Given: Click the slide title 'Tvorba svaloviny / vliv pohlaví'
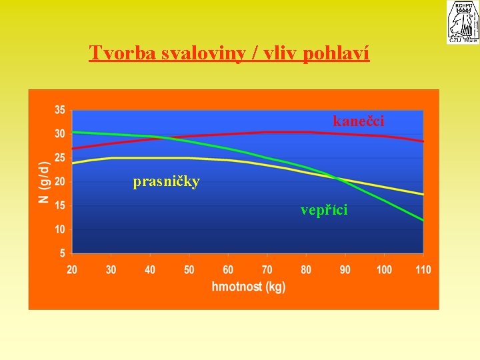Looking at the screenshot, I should (x=229, y=53).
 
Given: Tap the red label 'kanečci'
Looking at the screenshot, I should (x=359, y=121).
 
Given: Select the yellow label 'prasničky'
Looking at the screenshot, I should (x=166, y=181).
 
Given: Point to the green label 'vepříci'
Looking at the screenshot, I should (x=324, y=210).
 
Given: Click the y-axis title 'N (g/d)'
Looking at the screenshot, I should (x=43, y=181).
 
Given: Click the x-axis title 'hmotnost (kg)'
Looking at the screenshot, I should (x=247, y=287).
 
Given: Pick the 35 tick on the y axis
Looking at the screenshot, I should (x=60, y=110).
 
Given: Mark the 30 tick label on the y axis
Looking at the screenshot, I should (x=60, y=134).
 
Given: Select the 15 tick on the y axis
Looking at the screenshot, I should (x=60, y=205).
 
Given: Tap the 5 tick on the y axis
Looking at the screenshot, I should (x=63, y=253).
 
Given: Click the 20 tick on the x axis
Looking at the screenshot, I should (x=72, y=270).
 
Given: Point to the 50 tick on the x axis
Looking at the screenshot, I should (x=189, y=270).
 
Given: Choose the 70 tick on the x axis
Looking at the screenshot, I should (x=267, y=270).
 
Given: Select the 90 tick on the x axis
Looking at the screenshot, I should (x=345, y=270).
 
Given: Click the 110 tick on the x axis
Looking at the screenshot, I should (x=423, y=270).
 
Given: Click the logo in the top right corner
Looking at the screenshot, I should (x=463, y=22).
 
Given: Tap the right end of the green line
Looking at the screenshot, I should (x=423, y=220).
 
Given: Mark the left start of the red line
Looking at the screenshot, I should (x=73, y=148).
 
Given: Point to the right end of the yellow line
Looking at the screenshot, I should (x=423, y=194).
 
